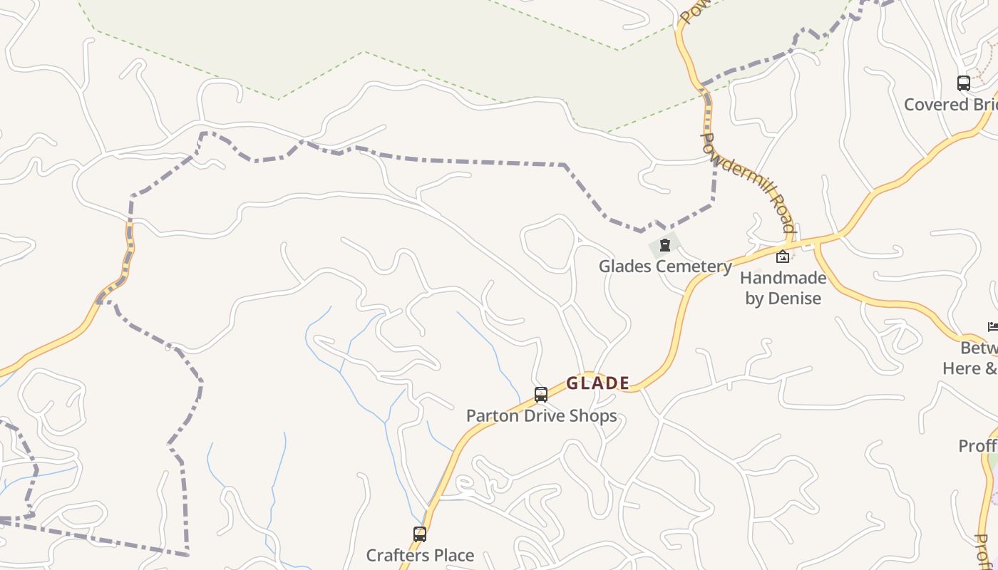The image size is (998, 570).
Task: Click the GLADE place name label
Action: (x=597, y=383)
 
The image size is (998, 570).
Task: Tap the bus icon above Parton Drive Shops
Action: (x=541, y=394)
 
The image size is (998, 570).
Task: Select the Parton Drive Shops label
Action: (x=541, y=415)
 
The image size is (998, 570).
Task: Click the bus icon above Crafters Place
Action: (x=420, y=534)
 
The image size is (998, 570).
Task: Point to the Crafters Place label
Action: (x=420, y=555)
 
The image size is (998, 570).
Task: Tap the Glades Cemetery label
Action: (x=665, y=266)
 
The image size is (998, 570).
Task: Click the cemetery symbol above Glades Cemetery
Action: (x=665, y=246)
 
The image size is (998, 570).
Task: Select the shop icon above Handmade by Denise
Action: (x=783, y=256)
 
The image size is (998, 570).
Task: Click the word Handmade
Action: (x=783, y=278)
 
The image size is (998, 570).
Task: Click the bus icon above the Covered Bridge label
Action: (x=964, y=83)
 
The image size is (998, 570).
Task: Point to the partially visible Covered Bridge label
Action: (x=950, y=105)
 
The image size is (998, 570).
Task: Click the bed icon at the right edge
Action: (x=993, y=327)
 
